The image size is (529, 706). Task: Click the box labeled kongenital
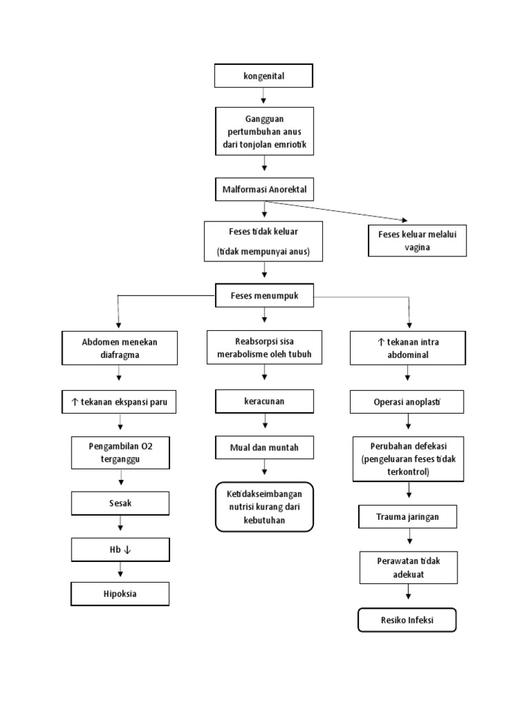coord(264,76)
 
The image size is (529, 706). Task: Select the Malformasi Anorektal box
coord(264,189)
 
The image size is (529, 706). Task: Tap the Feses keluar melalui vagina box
coord(417,241)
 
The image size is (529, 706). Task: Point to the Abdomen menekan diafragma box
coord(120,348)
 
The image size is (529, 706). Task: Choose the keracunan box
coord(264,400)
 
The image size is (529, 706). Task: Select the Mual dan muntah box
coord(264,447)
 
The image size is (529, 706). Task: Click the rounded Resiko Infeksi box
coord(407,620)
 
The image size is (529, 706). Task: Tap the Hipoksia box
coord(120,594)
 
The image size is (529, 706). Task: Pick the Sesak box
coord(120,503)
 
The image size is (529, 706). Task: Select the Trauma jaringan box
coord(408,516)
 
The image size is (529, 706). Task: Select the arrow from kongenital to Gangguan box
coord(264,97)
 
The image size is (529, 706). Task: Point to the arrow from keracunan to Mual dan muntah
coord(264,423)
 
